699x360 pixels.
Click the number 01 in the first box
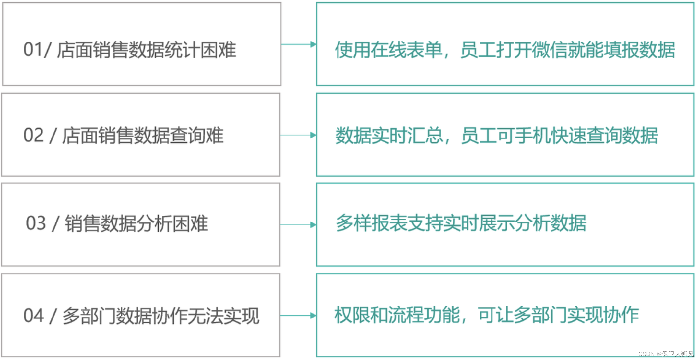(32, 50)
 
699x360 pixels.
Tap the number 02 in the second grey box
(33, 135)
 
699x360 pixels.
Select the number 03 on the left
(36, 223)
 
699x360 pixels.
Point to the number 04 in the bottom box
(33, 316)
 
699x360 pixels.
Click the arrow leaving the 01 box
(299, 44)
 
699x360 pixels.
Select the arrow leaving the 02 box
(298, 135)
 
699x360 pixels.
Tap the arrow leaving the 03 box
(298, 224)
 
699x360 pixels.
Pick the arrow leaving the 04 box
(298, 315)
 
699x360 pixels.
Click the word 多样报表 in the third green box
(371, 223)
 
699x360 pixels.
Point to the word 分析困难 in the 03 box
(172, 223)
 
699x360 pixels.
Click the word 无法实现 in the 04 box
(224, 316)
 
